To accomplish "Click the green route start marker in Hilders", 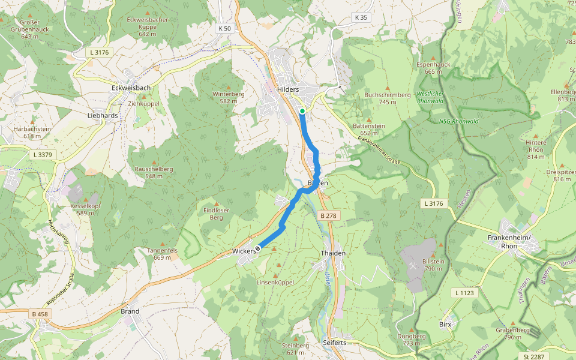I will [x=302, y=111].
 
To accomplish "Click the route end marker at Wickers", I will [x=258, y=248].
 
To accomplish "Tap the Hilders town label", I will [x=288, y=89].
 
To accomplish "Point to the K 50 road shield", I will [x=224, y=28].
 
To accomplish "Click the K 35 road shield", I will [x=361, y=17].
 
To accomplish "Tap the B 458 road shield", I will [x=40, y=314].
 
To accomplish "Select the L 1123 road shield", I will [x=464, y=293].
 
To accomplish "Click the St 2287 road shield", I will [x=533, y=356].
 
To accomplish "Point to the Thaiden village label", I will [x=333, y=253].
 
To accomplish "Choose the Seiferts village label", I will [x=334, y=343].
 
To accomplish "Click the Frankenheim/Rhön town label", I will [x=511, y=241].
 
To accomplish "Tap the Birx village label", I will [x=445, y=324].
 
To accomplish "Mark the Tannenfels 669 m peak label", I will [x=162, y=253].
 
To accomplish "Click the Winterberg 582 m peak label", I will [x=228, y=98].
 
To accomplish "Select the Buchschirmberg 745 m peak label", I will [x=387, y=98].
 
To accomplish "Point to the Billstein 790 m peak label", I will [x=433, y=265].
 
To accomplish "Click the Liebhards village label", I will [x=103, y=115].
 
